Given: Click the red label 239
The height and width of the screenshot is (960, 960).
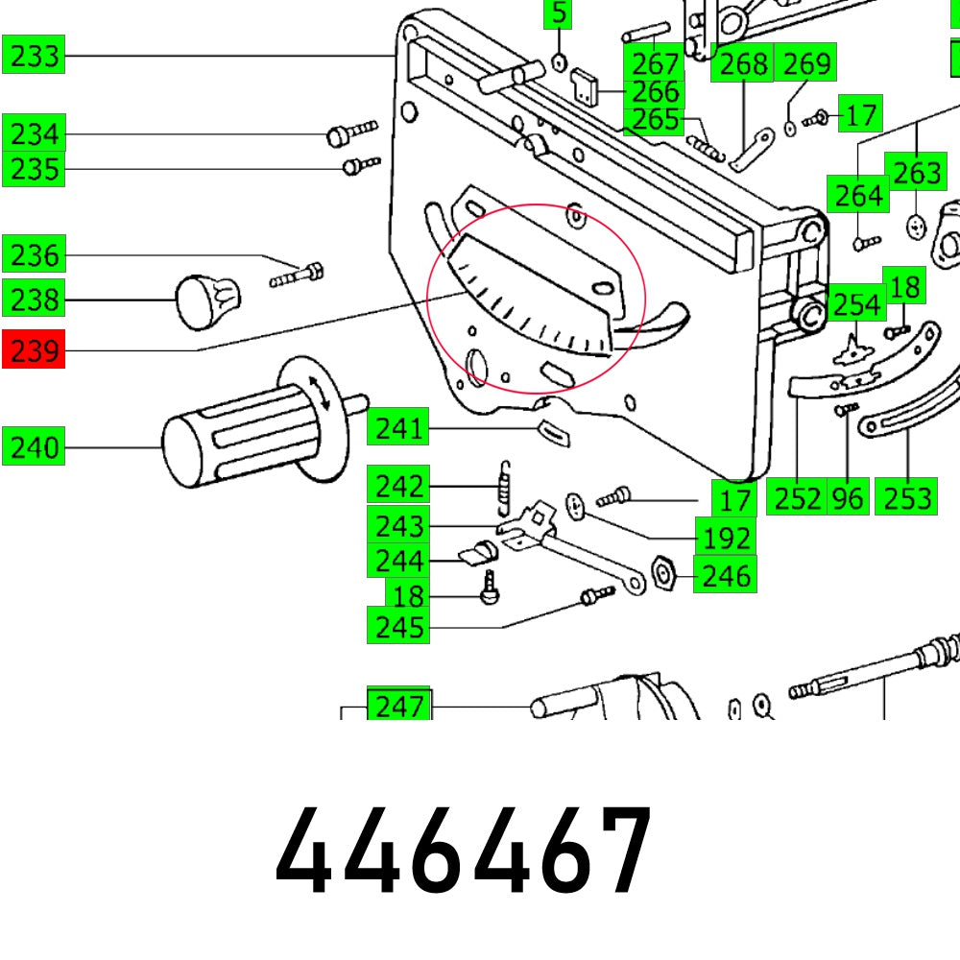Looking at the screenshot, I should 34,350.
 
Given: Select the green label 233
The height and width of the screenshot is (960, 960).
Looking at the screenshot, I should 34,56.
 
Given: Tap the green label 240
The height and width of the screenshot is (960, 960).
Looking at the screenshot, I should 34,447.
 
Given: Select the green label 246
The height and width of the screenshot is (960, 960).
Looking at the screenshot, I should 725,575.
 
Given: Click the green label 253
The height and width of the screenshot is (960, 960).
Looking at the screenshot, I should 907,497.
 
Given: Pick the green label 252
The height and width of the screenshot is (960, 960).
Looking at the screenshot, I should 798,497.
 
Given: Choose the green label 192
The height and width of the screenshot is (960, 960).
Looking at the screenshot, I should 724,537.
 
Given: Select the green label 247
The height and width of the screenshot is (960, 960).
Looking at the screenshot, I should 399,706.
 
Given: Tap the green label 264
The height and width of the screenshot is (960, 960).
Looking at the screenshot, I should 858,195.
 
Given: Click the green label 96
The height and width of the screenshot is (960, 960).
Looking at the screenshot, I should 848,497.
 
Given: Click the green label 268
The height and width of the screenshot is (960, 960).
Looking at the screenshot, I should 744,63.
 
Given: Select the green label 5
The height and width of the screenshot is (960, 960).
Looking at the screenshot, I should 558,14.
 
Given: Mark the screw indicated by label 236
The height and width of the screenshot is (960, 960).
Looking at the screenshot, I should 299,276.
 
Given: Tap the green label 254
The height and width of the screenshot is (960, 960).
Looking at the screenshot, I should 856,304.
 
